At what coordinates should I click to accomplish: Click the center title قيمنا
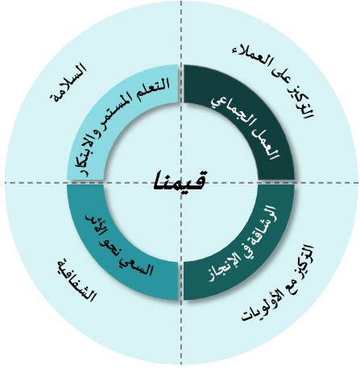(180, 180)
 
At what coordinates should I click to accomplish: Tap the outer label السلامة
(68, 82)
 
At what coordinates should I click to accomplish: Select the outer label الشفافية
(77, 281)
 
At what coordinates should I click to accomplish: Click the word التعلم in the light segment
(155, 86)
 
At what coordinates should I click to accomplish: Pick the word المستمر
(118, 107)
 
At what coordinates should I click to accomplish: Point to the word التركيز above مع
(304, 258)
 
